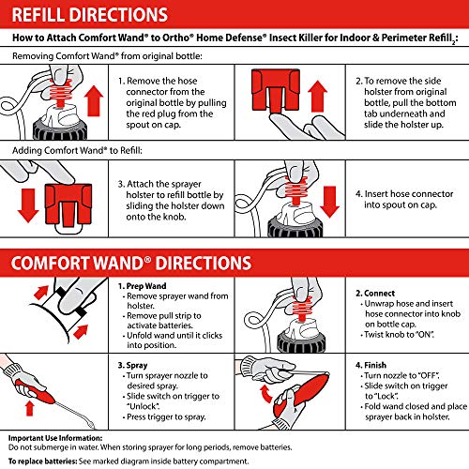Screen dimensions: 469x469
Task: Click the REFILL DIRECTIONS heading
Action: coord(90,15)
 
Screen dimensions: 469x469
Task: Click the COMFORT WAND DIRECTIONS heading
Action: coord(131,263)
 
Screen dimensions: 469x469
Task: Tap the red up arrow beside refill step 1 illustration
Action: coord(94,100)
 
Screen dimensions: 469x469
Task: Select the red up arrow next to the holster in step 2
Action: coord(317,96)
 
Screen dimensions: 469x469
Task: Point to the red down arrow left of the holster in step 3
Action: coord(28,205)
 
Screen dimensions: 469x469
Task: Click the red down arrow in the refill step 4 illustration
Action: coord(329,202)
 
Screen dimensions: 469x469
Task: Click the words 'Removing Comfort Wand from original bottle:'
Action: coord(107,56)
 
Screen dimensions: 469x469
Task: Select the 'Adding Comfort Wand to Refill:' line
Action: coord(77,150)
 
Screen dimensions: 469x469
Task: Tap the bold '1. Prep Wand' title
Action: coord(142,286)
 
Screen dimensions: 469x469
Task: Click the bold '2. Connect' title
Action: coord(375,294)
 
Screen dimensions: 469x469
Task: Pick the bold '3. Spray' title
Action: coord(132,365)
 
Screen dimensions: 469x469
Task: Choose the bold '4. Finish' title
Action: coord(371,365)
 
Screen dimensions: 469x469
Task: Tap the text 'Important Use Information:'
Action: coord(55,438)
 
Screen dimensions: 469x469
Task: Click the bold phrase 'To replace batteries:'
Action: coord(42,461)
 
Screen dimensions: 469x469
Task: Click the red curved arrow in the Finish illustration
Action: coord(266,394)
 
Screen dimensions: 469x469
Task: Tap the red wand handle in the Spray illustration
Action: coord(35,392)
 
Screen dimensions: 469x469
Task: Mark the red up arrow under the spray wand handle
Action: coord(30,409)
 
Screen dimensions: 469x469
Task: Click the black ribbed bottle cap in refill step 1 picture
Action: coord(60,129)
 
